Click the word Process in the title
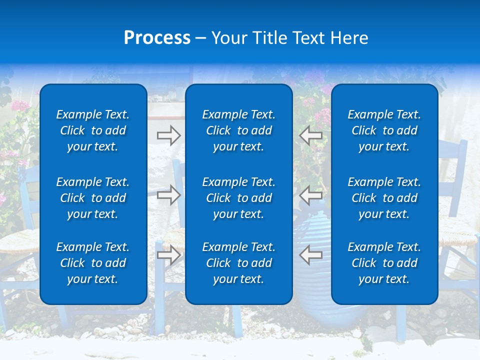pos(157,38)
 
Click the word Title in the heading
pos(270,38)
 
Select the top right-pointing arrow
pos(168,135)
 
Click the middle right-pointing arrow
pos(168,194)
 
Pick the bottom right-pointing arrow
pos(168,255)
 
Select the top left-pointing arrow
pos(310,135)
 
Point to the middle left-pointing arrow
pos(310,194)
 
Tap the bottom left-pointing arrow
pos(310,254)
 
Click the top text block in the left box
pos(93,130)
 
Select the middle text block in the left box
pos(93,198)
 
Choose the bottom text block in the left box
pos(93,263)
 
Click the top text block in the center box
pos(238,130)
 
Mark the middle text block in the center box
pos(238,198)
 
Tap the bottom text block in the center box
pos(238,263)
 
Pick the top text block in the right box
pos(384,130)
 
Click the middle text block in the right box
pos(384,198)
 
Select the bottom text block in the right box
pos(384,263)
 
